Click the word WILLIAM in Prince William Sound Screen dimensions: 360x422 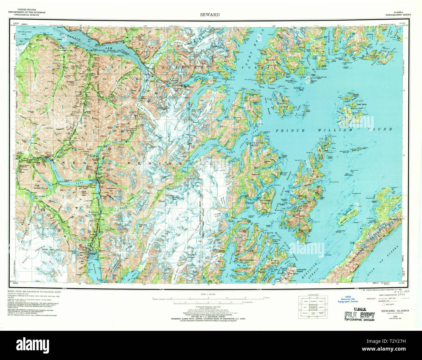[341, 130]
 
